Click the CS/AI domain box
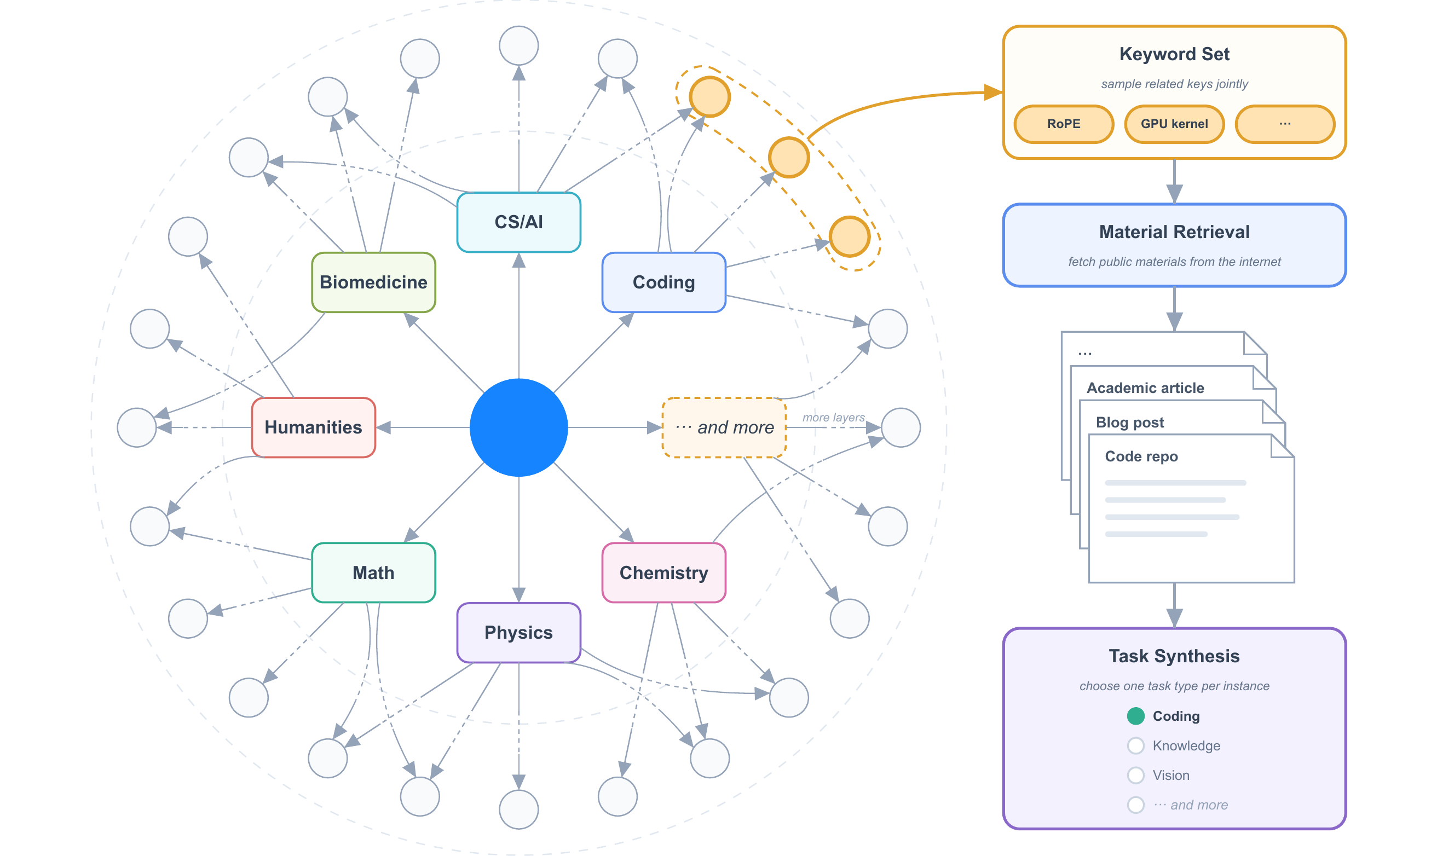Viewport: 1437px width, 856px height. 518,222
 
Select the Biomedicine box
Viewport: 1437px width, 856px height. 373,282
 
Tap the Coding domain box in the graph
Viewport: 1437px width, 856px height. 663,282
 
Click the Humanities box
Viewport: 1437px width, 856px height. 313,427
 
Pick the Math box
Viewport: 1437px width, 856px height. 373,573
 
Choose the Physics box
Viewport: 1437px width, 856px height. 518,633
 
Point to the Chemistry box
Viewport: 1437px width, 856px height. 663,573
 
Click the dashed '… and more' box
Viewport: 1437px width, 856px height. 724,427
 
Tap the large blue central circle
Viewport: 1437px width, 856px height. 518,427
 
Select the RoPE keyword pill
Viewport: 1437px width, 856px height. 1064,124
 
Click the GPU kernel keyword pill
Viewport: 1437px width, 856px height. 1175,124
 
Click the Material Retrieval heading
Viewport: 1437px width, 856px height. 1175,232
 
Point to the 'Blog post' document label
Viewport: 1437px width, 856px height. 1129,422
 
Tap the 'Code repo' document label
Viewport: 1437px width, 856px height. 1141,456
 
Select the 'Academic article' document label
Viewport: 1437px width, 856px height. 1145,387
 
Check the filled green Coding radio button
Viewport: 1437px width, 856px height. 1136,716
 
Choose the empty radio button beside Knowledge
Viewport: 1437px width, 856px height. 1136,746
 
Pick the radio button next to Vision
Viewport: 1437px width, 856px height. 1136,775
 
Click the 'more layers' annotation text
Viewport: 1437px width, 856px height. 833,418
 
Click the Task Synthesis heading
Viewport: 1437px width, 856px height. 1175,656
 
